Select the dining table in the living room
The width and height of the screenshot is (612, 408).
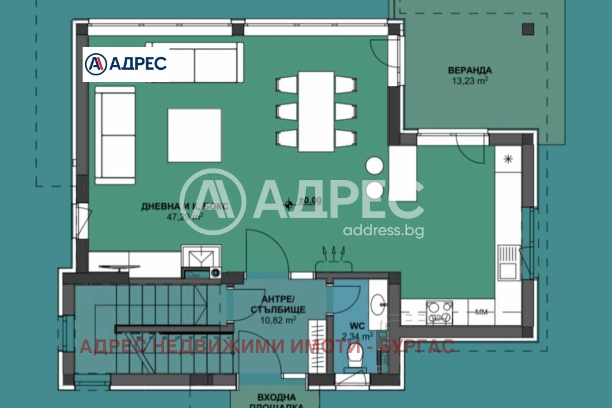pos(316,111)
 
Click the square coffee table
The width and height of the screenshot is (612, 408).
pos(195,135)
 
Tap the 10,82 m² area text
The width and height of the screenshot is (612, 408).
pos(278,319)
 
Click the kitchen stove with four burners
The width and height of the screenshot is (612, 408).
pos(439,312)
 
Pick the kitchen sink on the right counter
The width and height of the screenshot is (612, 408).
pos(507,262)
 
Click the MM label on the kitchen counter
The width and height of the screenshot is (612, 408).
pos(482,312)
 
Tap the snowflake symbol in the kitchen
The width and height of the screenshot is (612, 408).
pos(507,159)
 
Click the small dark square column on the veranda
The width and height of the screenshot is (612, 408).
pos(528,28)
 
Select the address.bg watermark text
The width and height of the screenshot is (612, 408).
pos(383,230)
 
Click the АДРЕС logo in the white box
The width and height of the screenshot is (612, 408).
pos(125,63)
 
